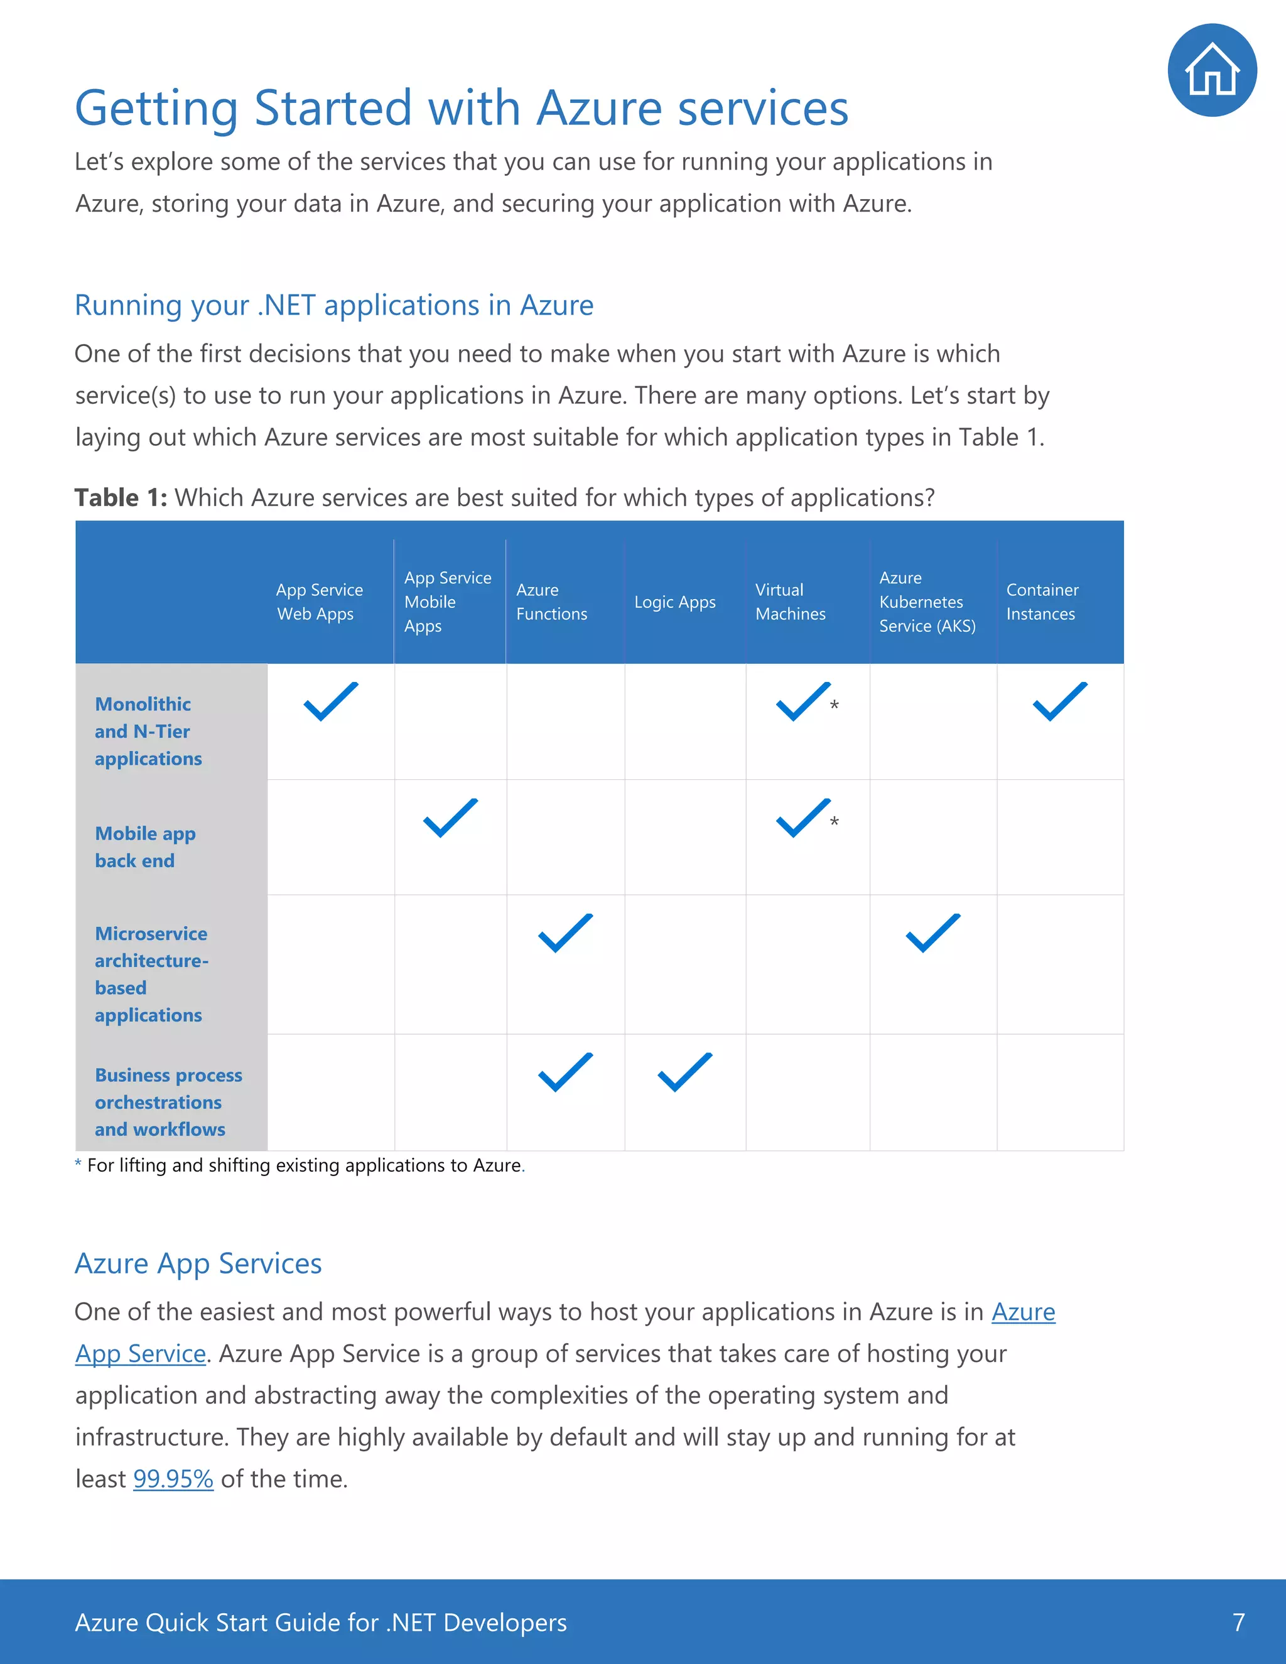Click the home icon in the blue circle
pos(1211,70)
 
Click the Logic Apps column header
pos(674,602)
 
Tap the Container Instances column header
pos(1042,602)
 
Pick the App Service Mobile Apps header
pos(447,602)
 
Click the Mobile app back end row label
pos(145,846)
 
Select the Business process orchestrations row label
pos(168,1102)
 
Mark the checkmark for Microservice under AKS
pos(932,932)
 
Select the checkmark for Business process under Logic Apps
pos(684,1072)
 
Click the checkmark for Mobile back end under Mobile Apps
pos(450,818)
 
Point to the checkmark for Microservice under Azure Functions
pos(565,932)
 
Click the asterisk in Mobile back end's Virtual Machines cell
pos(835,821)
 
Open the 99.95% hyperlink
pos(173,1479)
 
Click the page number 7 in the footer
pos(1238,1622)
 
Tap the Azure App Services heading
pos(198,1263)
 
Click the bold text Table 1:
pos(121,497)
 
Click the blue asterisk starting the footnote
pos(78,1164)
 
